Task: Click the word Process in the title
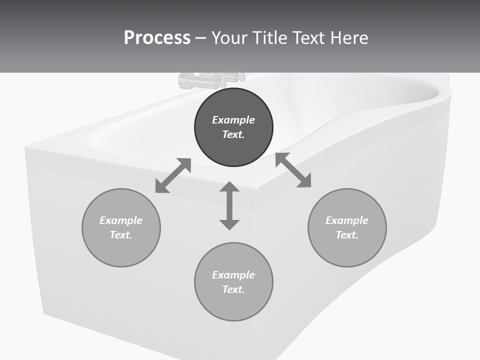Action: click(x=157, y=38)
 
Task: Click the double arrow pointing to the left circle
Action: click(x=173, y=175)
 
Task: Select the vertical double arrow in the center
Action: click(x=229, y=205)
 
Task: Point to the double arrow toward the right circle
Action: click(x=293, y=170)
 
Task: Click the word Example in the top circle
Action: click(x=233, y=120)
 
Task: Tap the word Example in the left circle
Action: click(x=121, y=220)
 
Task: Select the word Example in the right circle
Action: click(x=347, y=220)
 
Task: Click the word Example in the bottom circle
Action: click(x=233, y=275)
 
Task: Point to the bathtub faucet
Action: click(x=210, y=80)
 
